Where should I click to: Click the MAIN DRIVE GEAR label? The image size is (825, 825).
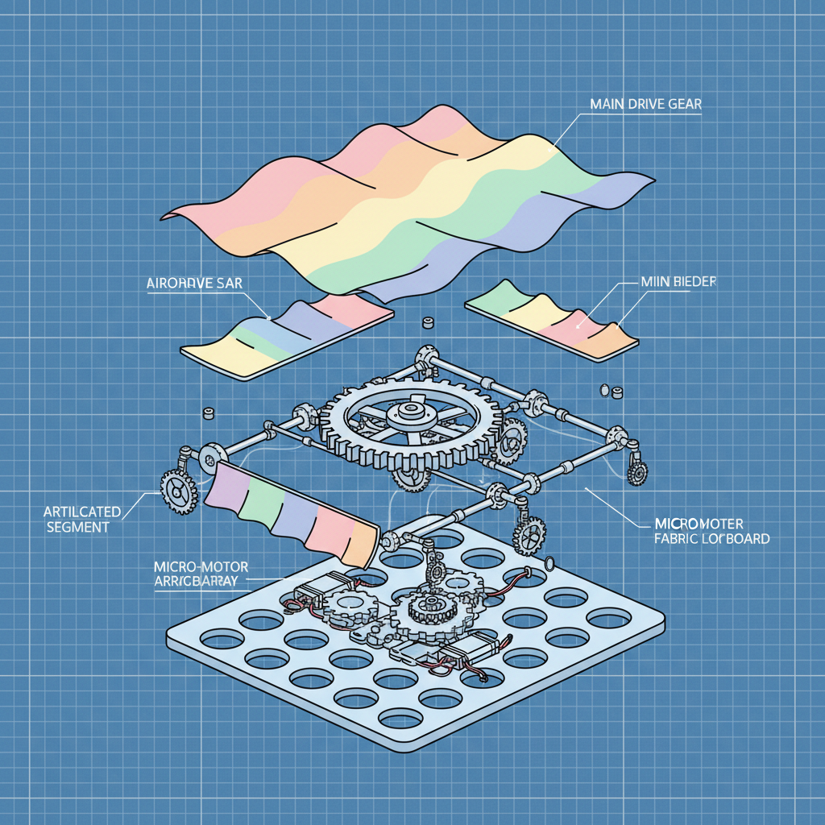click(646, 104)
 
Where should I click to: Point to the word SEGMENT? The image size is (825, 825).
click(78, 527)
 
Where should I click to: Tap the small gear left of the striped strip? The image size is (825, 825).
click(178, 491)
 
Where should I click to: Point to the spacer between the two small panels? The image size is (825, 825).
click(428, 325)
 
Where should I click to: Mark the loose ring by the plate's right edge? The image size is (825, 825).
click(550, 563)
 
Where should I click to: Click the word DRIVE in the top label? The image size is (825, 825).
click(649, 104)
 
